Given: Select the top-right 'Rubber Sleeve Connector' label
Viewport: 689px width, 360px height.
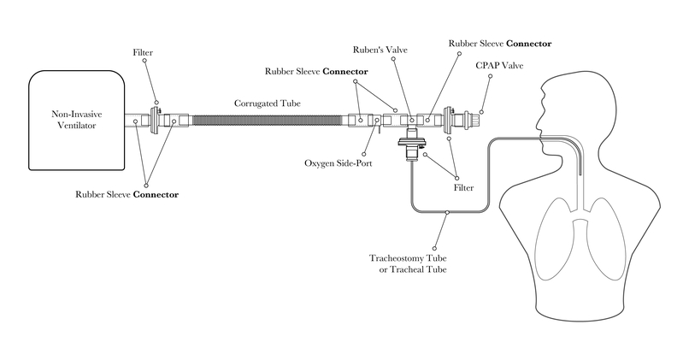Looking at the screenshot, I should coord(500,43).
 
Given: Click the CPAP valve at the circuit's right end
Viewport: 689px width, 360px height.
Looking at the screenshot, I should coord(468,121).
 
